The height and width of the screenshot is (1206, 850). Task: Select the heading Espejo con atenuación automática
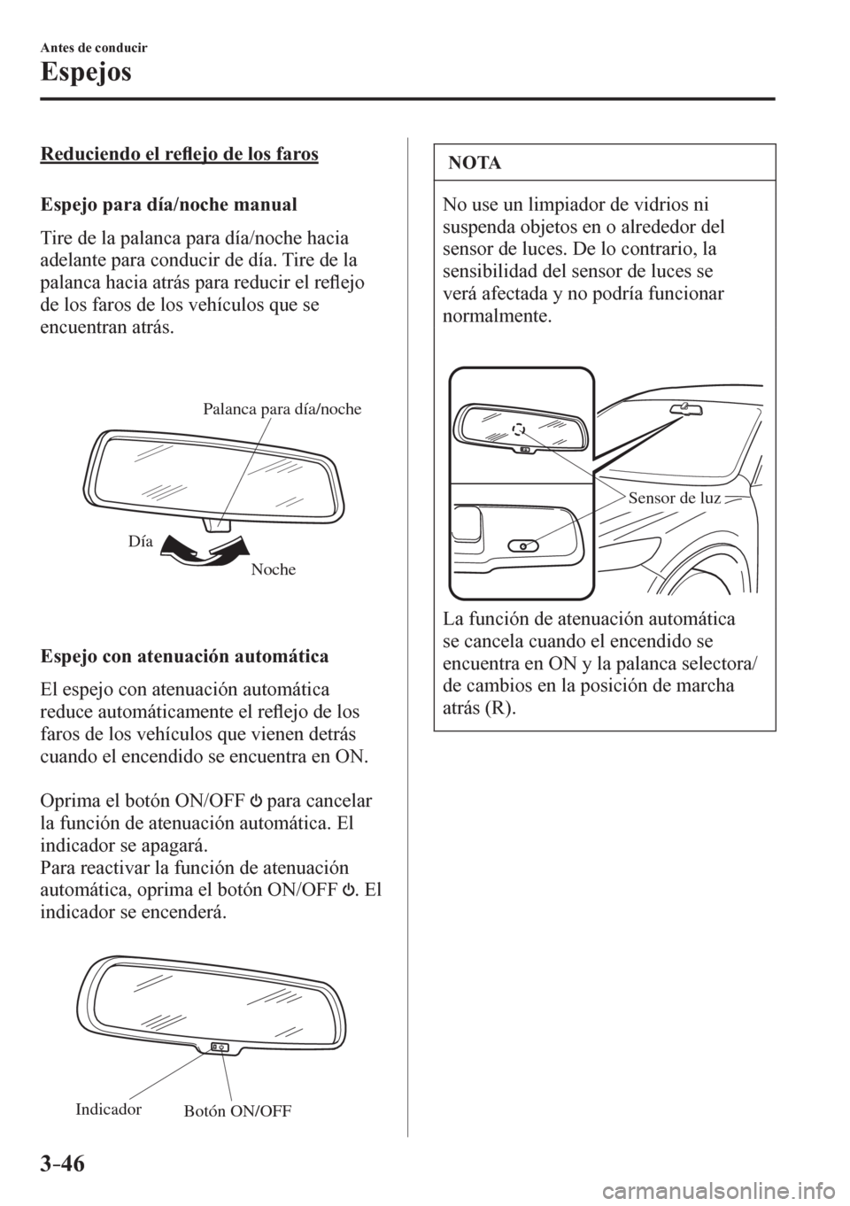[185, 657]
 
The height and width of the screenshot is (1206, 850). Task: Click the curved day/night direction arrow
[204, 552]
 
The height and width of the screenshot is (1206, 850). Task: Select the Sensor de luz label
[676, 499]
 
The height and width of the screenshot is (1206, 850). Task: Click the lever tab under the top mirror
[220, 525]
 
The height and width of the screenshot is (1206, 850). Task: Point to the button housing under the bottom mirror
[217, 1048]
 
